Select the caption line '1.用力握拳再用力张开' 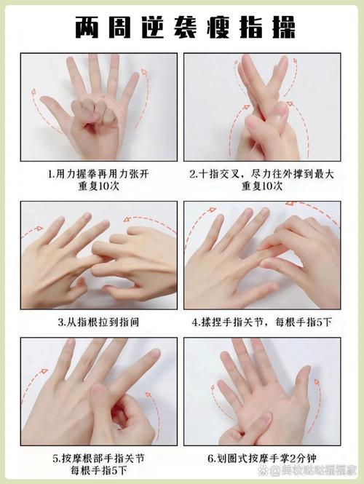click(99, 174)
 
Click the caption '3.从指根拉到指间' click(99, 322)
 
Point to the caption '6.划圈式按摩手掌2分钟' click(262, 459)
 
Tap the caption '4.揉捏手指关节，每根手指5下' click(262, 322)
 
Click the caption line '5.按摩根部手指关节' click(99, 459)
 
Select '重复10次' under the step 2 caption click(262, 186)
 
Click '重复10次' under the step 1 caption click(99, 186)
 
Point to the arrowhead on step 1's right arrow click(143, 72)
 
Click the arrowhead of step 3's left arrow click(39, 229)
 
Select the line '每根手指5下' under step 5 click(99, 471)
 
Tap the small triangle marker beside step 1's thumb click(67, 117)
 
